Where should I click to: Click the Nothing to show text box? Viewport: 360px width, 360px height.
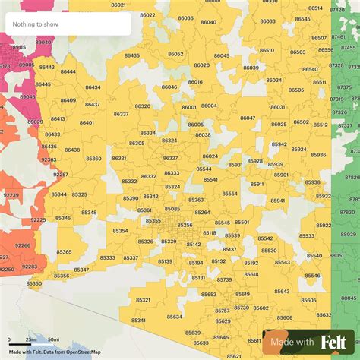[x=67, y=24]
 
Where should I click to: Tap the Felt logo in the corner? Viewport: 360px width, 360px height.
[x=334, y=343]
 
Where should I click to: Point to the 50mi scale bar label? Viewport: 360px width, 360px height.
[x=53, y=339]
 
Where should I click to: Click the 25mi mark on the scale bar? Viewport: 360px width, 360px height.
[x=31, y=339]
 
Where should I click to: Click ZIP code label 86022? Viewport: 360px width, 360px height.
[x=147, y=15]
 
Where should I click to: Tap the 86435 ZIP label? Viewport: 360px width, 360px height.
[x=132, y=55]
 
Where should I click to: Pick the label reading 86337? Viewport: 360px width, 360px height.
[x=121, y=114]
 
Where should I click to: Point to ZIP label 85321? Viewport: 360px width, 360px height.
[x=143, y=300]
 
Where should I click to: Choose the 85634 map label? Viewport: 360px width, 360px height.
[x=175, y=317]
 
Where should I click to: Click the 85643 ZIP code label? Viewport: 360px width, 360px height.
[x=282, y=291]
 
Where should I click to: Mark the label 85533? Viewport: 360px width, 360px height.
[x=307, y=236]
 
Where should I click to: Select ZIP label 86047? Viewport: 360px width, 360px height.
[x=248, y=118]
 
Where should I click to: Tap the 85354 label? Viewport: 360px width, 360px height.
[x=121, y=230]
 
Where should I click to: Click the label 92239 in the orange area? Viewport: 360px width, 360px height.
[x=11, y=195]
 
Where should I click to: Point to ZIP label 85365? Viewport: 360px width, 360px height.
[x=64, y=251]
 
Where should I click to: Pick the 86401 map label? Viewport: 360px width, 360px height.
[x=87, y=122]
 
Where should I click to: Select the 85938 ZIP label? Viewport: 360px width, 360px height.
[x=312, y=182]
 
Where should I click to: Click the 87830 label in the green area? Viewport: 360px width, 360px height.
[x=347, y=213]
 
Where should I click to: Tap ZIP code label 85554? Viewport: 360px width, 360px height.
[x=229, y=194]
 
